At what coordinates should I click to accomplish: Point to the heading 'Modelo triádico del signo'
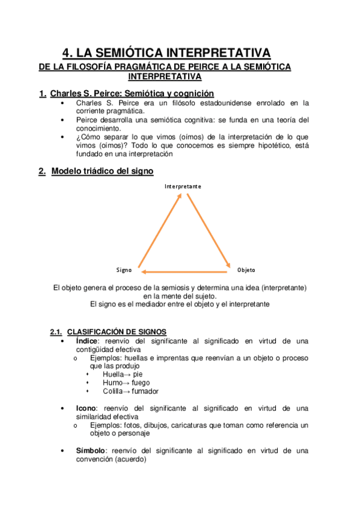pyautogui.click(x=102, y=171)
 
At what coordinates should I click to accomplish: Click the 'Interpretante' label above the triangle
pyautogui.click(x=183, y=186)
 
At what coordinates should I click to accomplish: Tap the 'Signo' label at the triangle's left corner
pyautogui.click(x=124, y=270)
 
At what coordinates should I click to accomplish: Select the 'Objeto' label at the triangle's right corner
pyautogui.click(x=246, y=270)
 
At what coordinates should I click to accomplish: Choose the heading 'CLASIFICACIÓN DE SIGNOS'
pyautogui.click(x=117, y=332)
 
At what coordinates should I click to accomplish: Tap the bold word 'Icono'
pyautogui.click(x=85, y=408)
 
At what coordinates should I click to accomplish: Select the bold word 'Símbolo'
pyautogui.click(x=90, y=450)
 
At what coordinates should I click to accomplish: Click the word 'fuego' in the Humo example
pyautogui.click(x=140, y=382)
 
